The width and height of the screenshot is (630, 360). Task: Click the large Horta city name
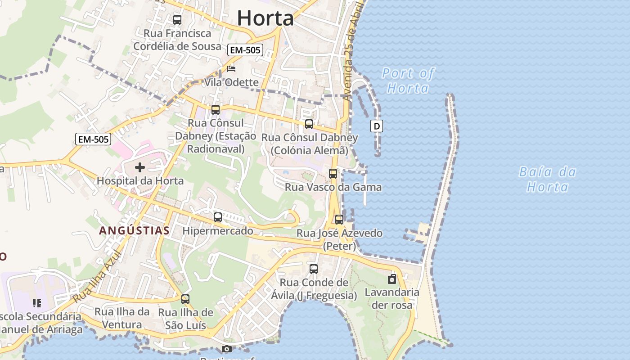coord(265,18)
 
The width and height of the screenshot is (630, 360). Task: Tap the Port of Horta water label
coord(408,81)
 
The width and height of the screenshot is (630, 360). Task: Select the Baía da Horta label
coord(547,179)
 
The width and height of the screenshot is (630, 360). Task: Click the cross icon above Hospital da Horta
coord(140,168)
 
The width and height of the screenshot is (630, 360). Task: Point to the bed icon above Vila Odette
coord(231,69)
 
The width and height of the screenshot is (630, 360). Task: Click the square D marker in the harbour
coord(376,126)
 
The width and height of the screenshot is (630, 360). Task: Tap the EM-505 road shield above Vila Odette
coord(245,50)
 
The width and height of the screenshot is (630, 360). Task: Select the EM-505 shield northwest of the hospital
coord(93,139)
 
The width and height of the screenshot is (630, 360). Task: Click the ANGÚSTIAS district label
coord(134,231)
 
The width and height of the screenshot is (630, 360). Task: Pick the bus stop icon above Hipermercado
coord(218,217)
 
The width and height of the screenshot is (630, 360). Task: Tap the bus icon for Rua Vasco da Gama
coord(333,174)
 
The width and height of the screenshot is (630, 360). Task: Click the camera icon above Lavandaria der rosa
coord(392,279)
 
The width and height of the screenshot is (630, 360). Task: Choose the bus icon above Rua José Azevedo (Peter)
coord(339,220)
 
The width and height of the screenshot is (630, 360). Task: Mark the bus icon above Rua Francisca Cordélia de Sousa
coord(177,20)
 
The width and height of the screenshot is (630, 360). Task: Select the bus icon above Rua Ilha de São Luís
coord(185,299)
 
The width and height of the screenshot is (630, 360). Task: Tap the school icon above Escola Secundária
coord(37,303)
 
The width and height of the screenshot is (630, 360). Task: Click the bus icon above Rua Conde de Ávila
coord(314,269)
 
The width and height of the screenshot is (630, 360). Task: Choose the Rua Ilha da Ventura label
coord(122,318)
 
